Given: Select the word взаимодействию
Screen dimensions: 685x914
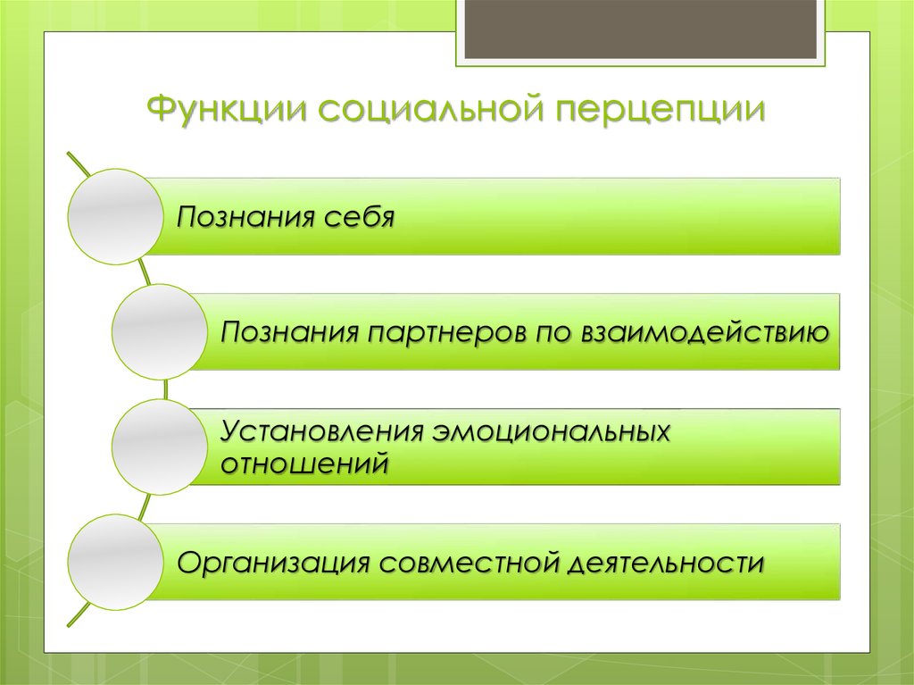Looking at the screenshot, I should click(705, 333).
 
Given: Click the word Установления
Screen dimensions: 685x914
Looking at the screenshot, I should click(321, 432).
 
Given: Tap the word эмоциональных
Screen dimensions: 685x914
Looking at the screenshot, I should click(553, 432).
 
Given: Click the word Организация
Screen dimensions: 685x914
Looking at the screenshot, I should click(271, 564).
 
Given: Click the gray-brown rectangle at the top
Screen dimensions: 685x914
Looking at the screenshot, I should click(641, 29).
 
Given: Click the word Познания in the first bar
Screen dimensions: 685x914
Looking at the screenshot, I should click(240, 217).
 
